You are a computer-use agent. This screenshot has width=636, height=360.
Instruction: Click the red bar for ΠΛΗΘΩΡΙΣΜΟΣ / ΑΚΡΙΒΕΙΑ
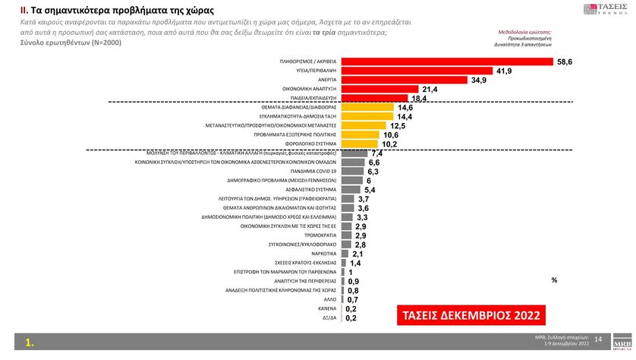pos(448,60)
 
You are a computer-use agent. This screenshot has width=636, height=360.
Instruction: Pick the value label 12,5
pos(398,125)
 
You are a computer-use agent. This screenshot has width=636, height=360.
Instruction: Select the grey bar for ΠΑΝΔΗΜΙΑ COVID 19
pos(353,172)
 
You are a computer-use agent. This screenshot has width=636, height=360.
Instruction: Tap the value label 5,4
pos(370,190)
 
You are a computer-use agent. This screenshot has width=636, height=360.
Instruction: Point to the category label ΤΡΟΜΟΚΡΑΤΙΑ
pos(320,235)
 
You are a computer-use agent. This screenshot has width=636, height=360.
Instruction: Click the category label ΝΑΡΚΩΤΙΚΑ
pos(323,254)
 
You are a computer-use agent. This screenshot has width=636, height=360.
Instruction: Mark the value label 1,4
pos(355,264)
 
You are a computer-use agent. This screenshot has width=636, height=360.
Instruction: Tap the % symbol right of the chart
pos(554,280)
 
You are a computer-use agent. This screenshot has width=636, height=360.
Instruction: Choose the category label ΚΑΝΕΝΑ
pos(327,308)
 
